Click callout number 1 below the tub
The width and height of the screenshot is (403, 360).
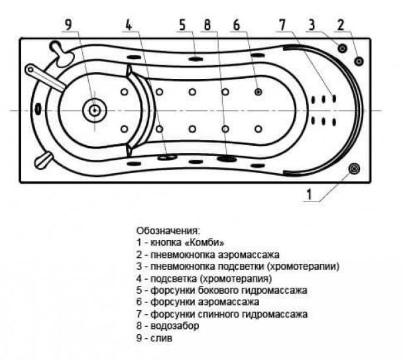pyautogui.click(x=308, y=194)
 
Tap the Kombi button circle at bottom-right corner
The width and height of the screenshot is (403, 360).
pyautogui.click(x=355, y=169)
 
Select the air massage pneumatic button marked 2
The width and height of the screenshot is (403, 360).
pyautogui.click(x=359, y=61)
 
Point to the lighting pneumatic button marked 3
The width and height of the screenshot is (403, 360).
pyautogui.click(x=342, y=48)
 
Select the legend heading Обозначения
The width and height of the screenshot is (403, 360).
pyautogui.click(x=168, y=230)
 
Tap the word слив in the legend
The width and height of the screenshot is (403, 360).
pyautogui.click(x=162, y=338)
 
